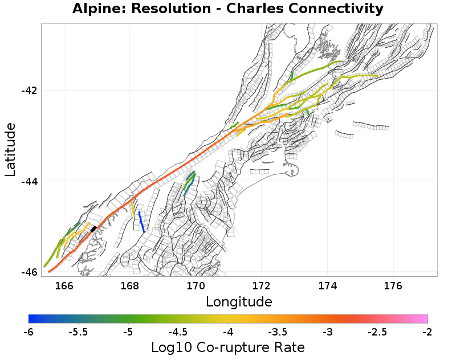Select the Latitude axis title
(10, 150)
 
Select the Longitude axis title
(239, 301)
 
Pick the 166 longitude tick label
(64, 285)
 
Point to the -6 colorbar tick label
(28, 332)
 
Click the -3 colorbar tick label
(328, 332)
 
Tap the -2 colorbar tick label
(427, 332)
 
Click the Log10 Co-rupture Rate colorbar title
(228, 347)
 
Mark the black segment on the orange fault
(93, 229)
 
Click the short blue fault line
(141, 222)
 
